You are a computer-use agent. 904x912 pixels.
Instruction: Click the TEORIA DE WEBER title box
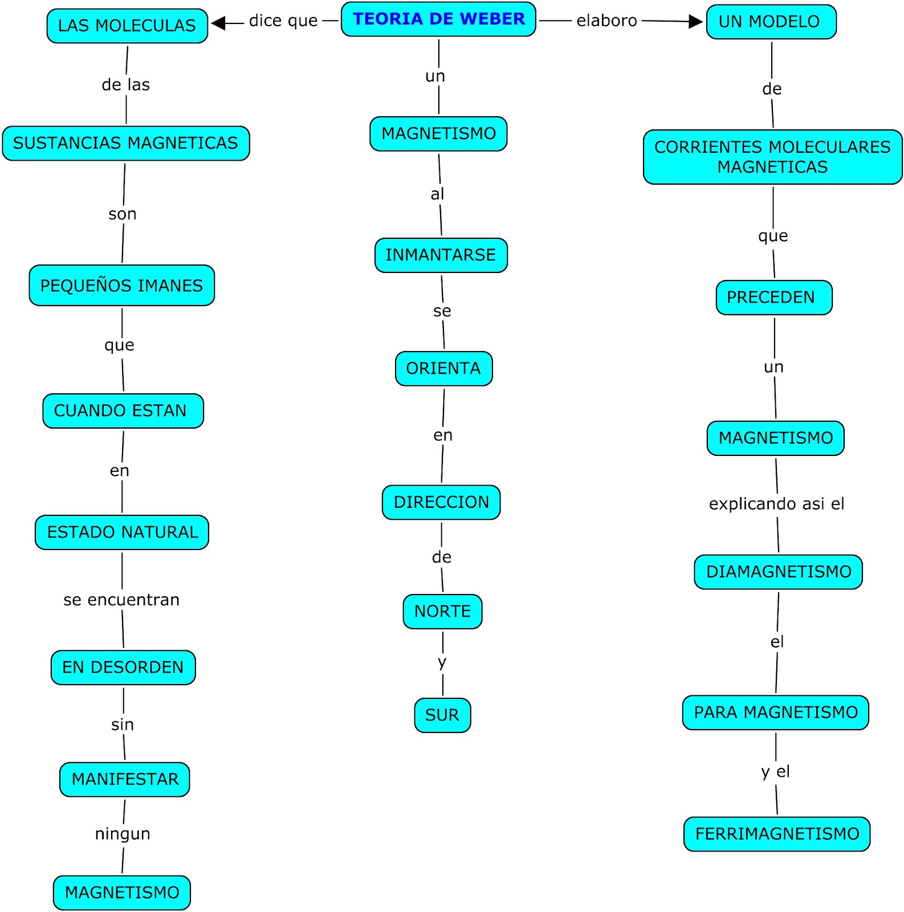pyautogui.click(x=438, y=19)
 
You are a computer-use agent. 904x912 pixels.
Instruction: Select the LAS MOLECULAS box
pyautogui.click(x=127, y=26)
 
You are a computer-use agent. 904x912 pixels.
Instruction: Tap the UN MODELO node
pyautogui.click(x=771, y=22)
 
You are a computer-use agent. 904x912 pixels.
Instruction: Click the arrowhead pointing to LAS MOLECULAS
pyautogui.click(x=219, y=23)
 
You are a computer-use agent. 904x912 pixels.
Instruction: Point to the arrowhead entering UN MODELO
pyautogui.click(x=695, y=22)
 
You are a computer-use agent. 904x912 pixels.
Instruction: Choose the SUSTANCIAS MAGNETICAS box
pyautogui.click(x=126, y=143)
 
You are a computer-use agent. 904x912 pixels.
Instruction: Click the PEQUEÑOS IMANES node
pyautogui.click(x=121, y=285)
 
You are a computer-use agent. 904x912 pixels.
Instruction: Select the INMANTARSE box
pyautogui.click(x=441, y=255)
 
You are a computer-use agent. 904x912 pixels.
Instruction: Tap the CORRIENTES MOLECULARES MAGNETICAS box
pyautogui.click(x=772, y=157)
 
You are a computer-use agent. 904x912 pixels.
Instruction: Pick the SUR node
pyautogui.click(x=442, y=715)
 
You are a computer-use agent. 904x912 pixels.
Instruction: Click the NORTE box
pyautogui.click(x=442, y=611)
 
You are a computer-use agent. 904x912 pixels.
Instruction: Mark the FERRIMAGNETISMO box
pyautogui.click(x=776, y=834)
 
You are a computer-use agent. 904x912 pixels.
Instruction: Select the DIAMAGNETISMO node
pyautogui.click(x=778, y=572)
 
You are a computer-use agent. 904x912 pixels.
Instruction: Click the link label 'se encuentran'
pyautogui.click(x=121, y=600)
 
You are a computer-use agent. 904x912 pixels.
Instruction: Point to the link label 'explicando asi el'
pyautogui.click(x=776, y=504)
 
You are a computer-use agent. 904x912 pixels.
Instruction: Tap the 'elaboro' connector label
pyautogui.click(x=606, y=21)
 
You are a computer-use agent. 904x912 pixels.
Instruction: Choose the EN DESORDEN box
pyautogui.click(x=123, y=667)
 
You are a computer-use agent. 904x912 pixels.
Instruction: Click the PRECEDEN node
pyautogui.click(x=773, y=297)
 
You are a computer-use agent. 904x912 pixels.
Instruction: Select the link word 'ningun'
pyautogui.click(x=123, y=834)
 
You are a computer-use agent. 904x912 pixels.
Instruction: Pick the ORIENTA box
pyautogui.click(x=443, y=368)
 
